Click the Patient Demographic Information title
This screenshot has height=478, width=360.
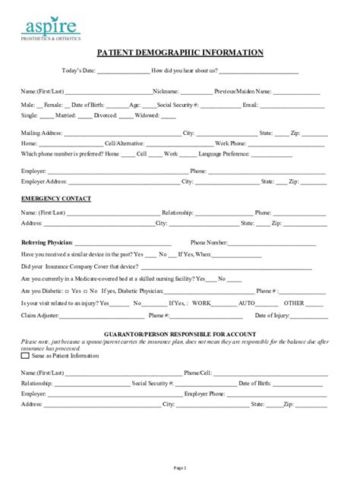pyautogui.click(x=179, y=53)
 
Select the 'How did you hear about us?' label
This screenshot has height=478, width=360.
pyautogui.click(x=185, y=71)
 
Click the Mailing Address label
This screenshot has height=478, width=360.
pyautogui.click(x=42, y=133)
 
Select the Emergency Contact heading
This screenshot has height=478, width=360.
pyautogui.click(x=55, y=199)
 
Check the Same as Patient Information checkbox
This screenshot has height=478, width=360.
pyautogui.click(x=26, y=355)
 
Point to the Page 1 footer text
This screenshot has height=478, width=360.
pyautogui.click(x=179, y=467)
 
